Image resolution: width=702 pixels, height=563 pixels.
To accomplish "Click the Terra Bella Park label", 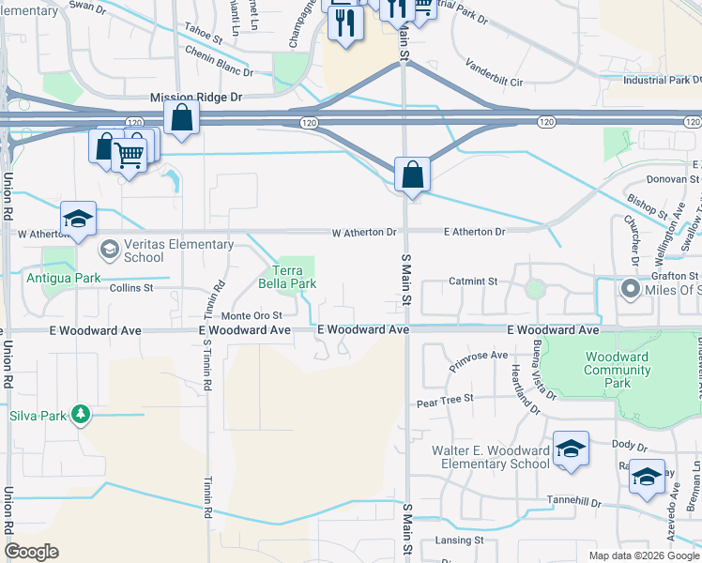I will coord(294,277).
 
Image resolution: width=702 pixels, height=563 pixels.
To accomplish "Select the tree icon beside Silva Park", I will coord(82,414).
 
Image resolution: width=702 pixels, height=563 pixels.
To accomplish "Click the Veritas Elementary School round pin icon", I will coord(109,249).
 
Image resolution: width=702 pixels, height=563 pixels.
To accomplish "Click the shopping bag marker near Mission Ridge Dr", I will coord(181,118).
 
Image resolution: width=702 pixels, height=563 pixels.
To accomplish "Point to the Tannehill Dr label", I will coord(575,502).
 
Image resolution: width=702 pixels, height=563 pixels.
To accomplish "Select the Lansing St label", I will coord(459,540).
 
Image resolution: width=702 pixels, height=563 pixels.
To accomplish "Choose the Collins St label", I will coord(130,288).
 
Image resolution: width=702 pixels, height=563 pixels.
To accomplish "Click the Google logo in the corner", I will coord(31,551).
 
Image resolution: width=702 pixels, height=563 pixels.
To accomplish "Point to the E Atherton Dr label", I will coord(474,231).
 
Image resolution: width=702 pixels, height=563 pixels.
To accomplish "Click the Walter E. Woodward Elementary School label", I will coord(490,458).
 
